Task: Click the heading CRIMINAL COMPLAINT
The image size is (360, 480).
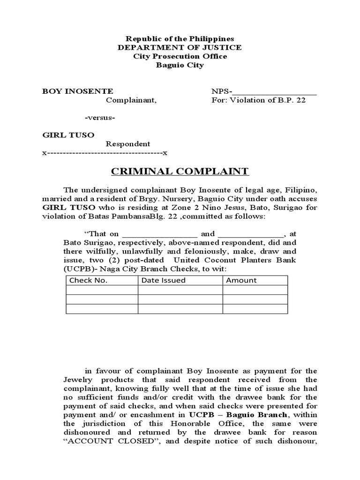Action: pos(180,171)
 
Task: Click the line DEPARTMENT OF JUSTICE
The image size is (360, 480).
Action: pos(180,47)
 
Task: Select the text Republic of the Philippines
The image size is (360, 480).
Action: pos(180,38)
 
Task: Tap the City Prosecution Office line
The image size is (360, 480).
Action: pos(180,56)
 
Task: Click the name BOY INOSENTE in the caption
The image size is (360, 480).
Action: pos(78,91)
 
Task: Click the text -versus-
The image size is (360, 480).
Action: pos(100,118)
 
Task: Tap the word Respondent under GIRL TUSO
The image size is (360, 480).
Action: pos(127,144)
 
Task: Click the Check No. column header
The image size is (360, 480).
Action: pos(89,280)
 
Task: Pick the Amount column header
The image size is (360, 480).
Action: pos(241,280)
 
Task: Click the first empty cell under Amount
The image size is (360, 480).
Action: pos(255,290)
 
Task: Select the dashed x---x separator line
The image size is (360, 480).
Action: pos(105,153)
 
